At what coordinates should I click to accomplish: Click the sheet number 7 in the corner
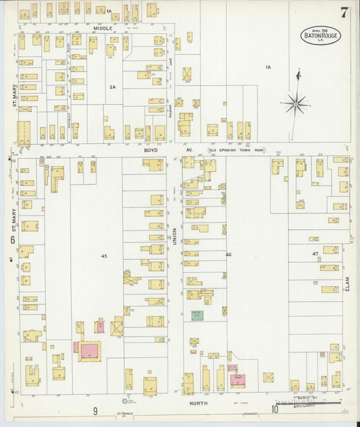[344, 12]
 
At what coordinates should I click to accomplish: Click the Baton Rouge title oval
[319, 36]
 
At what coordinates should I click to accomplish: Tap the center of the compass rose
[295, 104]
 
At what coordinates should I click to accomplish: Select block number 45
[104, 255]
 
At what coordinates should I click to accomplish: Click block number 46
[228, 255]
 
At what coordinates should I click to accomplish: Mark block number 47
[315, 253]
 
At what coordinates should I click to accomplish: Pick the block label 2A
[113, 86]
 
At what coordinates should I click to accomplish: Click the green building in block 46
[197, 315]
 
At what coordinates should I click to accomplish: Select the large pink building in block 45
[89, 350]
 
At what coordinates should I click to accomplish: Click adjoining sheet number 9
[95, 411]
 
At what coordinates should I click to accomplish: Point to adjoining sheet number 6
[12, 241]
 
